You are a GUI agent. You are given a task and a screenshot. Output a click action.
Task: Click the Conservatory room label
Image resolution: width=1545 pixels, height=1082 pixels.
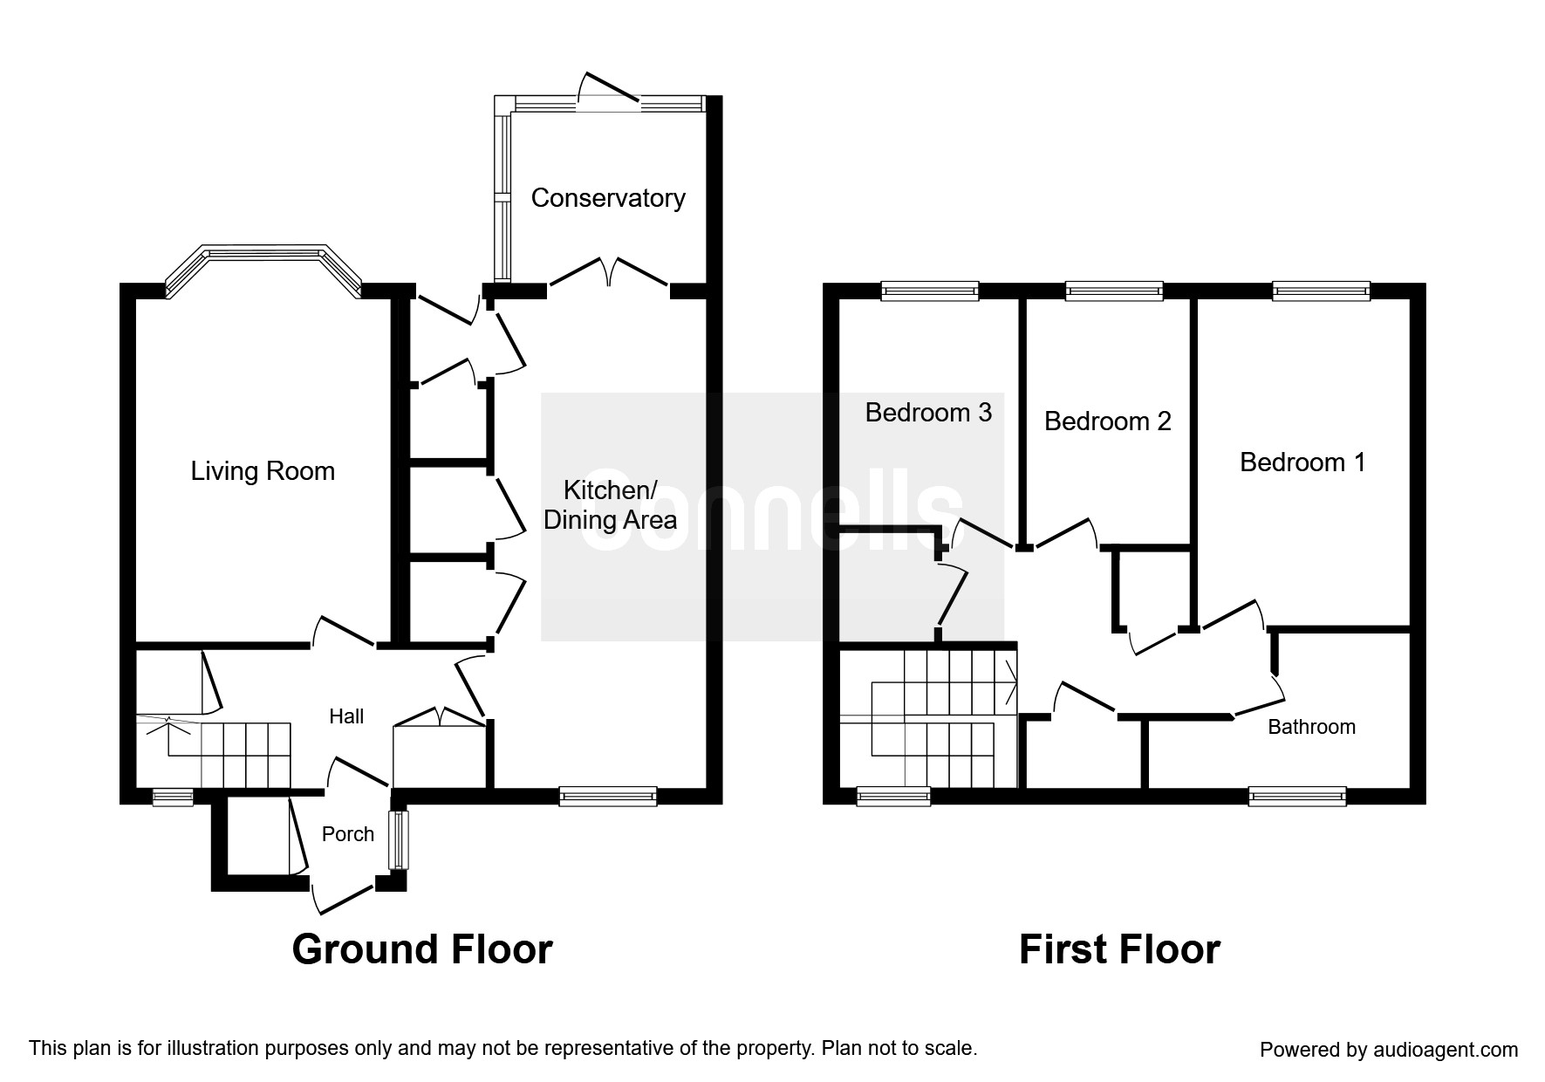tap(608, 198)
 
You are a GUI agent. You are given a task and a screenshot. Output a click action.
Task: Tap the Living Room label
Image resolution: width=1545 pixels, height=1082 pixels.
tap(263, 471)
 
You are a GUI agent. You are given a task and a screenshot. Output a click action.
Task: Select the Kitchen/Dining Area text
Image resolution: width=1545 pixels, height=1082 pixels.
tap(610, 504)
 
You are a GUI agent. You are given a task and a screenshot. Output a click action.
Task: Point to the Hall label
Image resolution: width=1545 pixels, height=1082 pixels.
tap(346, 716)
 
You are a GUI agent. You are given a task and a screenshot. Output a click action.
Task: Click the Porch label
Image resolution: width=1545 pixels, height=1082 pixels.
tap(348, 834)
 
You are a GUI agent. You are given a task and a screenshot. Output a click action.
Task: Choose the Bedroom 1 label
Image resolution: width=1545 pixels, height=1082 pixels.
tap(1302, 462)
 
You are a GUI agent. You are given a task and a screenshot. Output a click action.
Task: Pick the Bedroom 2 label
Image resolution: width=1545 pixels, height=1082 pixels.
tap(1107, 421)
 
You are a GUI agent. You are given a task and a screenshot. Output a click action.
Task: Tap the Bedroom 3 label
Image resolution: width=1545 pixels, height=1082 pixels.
tap(928, 412)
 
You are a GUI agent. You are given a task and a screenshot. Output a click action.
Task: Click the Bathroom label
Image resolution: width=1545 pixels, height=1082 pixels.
tap(1311, 727)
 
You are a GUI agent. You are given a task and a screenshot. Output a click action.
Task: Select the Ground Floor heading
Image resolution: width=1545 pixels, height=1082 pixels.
tap(422, 948)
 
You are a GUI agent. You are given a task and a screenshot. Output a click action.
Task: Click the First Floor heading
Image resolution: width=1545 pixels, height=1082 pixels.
tap(1119, 948)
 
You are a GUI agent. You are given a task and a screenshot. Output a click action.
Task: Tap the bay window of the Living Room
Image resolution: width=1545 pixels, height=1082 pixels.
tap(263, 270)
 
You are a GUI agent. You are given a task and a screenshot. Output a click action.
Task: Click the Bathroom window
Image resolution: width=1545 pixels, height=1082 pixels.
tap(1297, 795)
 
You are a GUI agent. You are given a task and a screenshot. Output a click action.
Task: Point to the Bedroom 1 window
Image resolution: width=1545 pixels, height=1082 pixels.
tap(1321, 291)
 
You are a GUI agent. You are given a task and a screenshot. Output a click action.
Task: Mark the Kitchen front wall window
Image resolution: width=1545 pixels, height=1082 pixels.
tap(607, 795)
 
